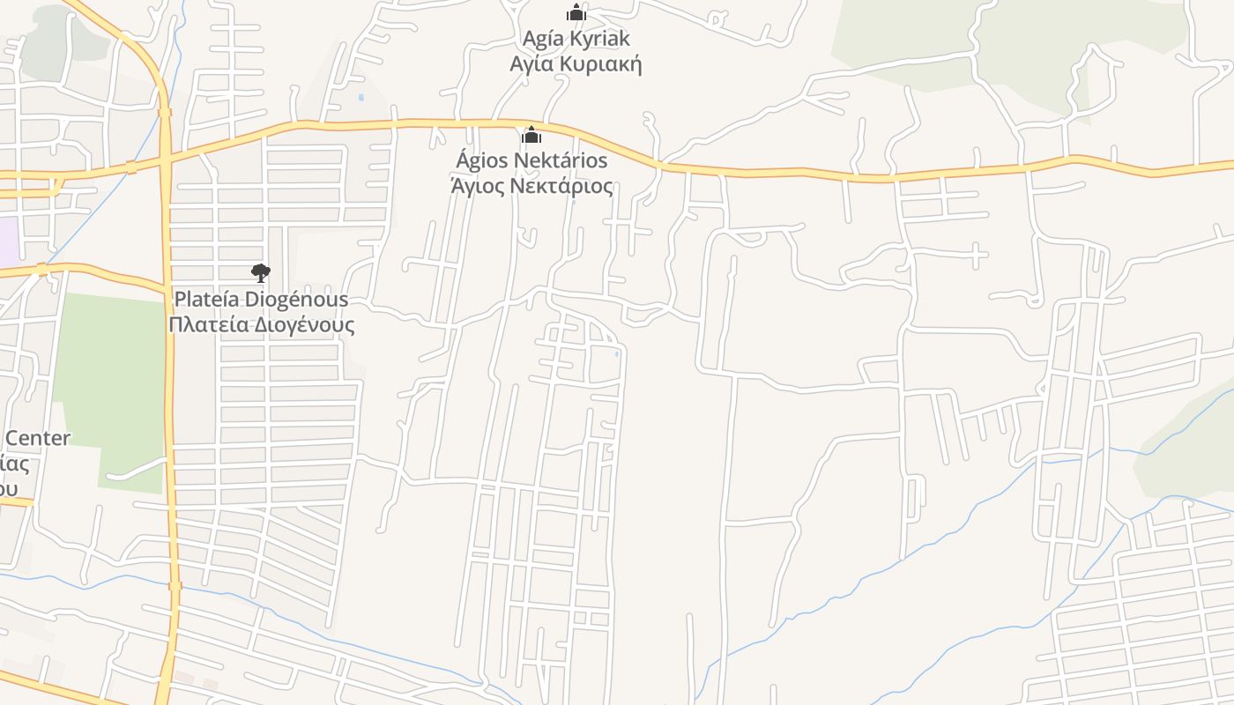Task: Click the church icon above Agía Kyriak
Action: coord(576,12)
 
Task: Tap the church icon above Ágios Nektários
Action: coord(532,135)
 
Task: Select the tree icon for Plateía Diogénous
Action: coord(261,273)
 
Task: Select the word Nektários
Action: coord(561,160)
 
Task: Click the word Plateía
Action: coord(206,300)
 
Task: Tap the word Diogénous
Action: coord(296,300)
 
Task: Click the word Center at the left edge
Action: coord(38,438)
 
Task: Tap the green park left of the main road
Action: coord(110,379)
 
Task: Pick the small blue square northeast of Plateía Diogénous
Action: coord(361,97)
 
